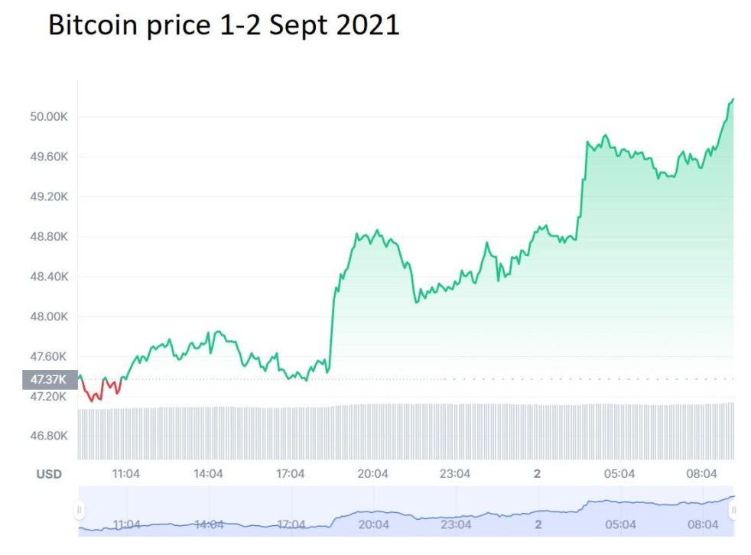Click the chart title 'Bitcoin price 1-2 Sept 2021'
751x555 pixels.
tap(223, 25)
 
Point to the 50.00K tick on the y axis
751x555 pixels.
tap(49, 117)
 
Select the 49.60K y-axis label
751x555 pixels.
tap(49, 157)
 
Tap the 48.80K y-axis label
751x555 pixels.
tap(49, 236)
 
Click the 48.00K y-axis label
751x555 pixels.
tap(49, 316)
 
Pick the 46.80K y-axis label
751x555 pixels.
tap(49, 436)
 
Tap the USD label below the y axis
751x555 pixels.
tap(49, 474)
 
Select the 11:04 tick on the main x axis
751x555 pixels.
tap(126, 474)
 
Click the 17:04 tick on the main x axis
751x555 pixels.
tap(291, 474)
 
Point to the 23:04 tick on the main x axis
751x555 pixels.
tap(455, 474)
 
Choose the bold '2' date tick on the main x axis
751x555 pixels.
tap(537, 474)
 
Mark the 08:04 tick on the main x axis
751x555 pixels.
tap(702, 474)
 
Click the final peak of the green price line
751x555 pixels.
tap(732, 99)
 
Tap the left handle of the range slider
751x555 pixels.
tap(80, 509)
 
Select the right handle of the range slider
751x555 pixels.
tap(733, 509)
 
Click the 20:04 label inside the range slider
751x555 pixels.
tap(373, 524)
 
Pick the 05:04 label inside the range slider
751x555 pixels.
tap(620, 524)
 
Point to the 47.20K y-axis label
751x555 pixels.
tap(49, 396)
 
